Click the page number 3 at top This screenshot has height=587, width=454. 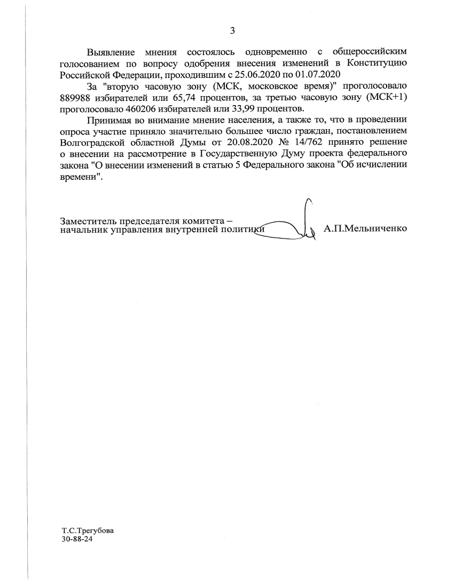tap(232, 30)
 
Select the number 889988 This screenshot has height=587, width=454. tap(76, 97)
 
